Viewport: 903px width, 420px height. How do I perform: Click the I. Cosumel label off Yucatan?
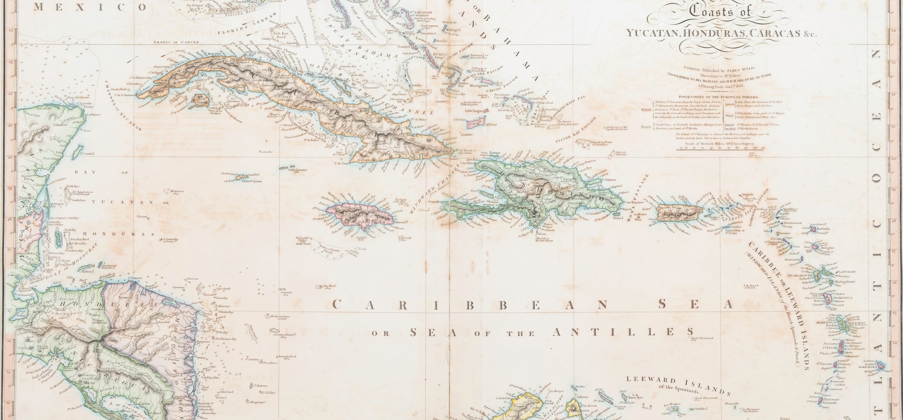click(85, 153)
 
